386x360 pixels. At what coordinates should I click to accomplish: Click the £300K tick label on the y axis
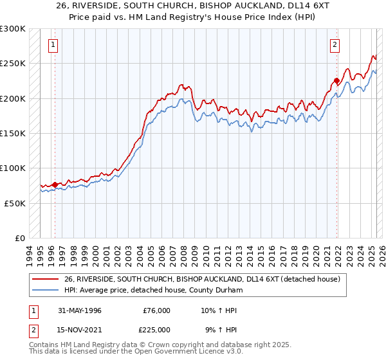[x=13, y=29]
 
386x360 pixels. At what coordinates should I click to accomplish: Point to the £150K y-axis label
[x=13, y=133]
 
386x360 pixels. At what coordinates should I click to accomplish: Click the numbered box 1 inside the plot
[x=52, y=45]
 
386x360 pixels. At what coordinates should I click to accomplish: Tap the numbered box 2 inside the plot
[x=335, y=45]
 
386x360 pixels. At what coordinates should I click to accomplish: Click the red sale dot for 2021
[x=336, y=81]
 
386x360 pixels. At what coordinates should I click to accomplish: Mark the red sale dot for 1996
[x=55, y=185]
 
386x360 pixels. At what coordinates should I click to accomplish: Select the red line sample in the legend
[x=45, y=279]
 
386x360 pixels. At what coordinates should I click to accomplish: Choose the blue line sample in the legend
[x=45, y=291]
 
